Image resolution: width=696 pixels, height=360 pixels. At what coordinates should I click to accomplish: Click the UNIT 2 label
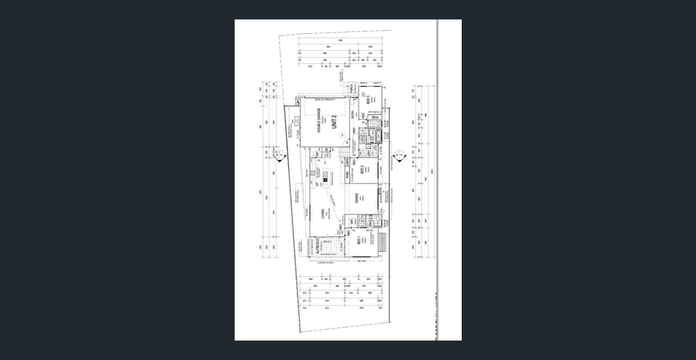point(334,121)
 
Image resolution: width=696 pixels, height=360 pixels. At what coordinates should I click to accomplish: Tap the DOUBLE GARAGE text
point(319,120)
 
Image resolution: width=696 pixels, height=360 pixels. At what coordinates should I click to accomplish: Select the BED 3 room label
point(368,100)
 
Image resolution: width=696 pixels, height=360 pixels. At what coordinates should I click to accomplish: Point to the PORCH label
point(351,88)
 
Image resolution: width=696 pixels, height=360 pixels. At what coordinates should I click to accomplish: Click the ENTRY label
point(353,114)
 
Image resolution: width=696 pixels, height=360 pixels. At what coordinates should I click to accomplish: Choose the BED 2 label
point(362,169)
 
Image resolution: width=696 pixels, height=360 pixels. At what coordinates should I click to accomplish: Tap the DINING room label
point(357,198)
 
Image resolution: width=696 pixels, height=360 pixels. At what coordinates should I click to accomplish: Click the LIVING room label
point(322,214)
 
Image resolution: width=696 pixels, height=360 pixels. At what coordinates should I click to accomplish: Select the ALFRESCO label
point(317,246)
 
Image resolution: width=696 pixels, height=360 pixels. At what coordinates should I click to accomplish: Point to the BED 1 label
point(359,241)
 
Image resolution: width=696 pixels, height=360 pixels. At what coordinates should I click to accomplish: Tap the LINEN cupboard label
point(347,162)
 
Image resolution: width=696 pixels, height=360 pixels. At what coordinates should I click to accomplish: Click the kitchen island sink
point(325,176)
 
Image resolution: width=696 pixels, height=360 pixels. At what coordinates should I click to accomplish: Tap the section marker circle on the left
point(280,154)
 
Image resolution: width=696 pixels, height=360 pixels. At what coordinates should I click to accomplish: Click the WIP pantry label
point(317,154)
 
